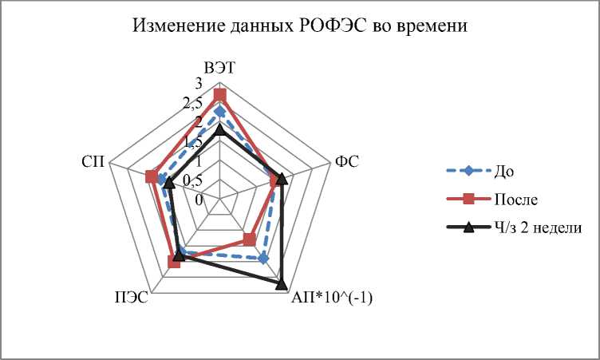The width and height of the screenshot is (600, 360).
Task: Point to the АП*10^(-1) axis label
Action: pos(333,299)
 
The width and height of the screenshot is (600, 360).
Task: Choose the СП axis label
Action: pos(90,161)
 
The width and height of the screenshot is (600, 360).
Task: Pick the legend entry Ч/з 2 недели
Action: pos(537,227)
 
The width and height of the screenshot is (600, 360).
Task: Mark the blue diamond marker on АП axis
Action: pos(263,259)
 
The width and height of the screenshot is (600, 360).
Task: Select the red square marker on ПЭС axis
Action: pos(175,262)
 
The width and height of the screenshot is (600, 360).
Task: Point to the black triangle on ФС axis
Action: pos(282,178)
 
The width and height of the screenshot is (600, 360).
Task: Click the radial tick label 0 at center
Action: pos(200,199)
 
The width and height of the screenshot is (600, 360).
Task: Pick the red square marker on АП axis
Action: pos(249,239)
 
